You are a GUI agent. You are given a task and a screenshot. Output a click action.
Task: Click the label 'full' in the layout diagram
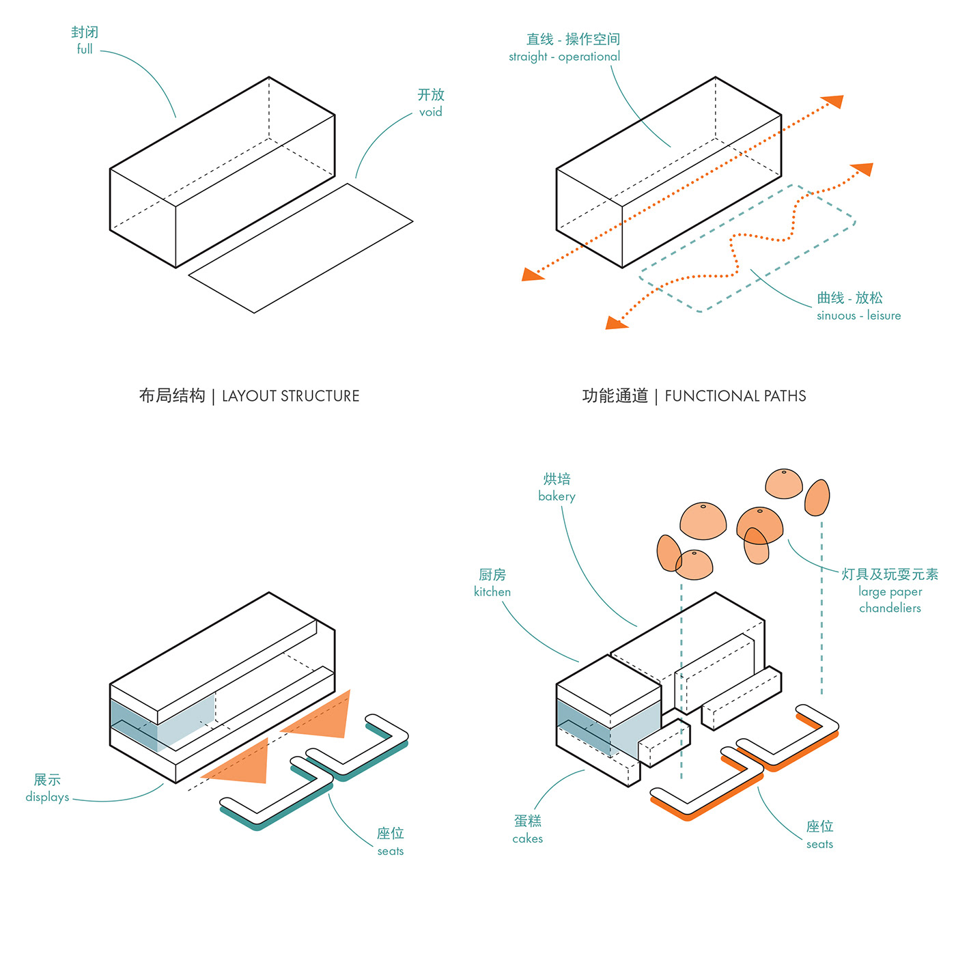point(85,49)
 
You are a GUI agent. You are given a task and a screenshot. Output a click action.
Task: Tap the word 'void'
point(431,112)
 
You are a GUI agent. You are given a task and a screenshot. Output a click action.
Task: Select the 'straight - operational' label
point(564,57)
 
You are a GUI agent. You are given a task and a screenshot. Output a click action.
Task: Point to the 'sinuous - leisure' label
point(858,315)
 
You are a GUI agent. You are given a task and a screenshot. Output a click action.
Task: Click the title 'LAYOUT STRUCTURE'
point(290,396)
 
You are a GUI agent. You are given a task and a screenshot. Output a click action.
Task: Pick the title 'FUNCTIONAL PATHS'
point(735,396)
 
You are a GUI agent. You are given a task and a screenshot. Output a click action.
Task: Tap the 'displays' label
point(47,797)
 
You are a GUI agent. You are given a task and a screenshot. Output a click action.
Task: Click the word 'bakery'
point(557,496)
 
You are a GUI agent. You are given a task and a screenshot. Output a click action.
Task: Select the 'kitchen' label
point(492,592)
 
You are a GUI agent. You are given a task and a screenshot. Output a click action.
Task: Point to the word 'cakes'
point(528,839)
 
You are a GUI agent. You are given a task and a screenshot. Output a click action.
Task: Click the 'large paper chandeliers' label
point(890,600)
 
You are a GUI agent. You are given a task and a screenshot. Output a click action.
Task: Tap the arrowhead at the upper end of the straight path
point(834,102)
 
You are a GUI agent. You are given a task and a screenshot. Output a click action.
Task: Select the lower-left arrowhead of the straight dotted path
point(532,275)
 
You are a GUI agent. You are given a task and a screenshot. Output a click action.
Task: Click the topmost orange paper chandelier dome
point(784,483)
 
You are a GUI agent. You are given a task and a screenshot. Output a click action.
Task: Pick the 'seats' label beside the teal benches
point(391,851)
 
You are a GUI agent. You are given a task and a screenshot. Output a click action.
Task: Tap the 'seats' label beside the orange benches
point(819,844)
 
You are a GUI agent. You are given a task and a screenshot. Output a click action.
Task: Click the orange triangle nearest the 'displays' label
point(242,765)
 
